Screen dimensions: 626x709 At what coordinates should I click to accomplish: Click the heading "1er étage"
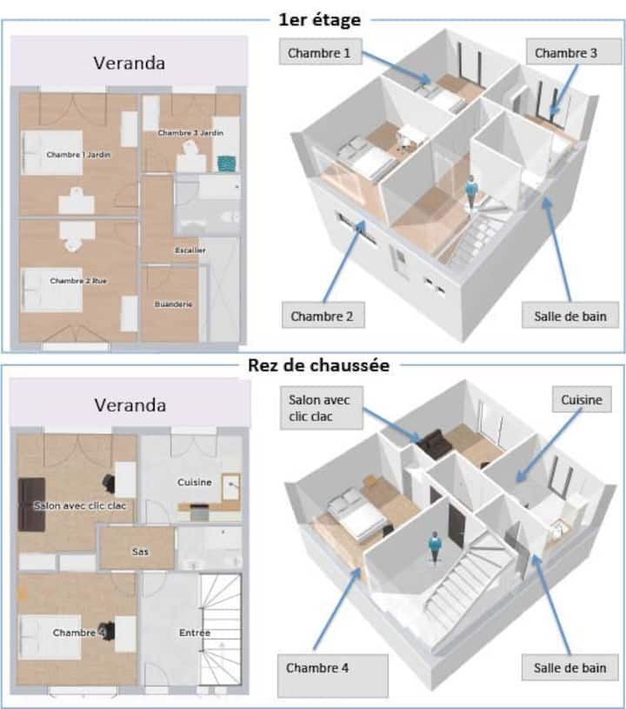point(319,19)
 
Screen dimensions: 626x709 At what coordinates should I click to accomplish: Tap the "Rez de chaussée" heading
point(318,365)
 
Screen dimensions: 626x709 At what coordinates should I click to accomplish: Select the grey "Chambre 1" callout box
point(321,52)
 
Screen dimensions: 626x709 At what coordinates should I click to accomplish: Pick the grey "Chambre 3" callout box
point(573,52)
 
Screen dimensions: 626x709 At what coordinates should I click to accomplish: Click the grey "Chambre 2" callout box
point(323,315)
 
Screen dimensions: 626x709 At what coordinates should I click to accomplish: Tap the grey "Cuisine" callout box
point(582,399)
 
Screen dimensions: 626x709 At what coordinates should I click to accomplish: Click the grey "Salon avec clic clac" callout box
point(322,408)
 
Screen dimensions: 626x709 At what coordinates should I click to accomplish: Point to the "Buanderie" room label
point(174,304)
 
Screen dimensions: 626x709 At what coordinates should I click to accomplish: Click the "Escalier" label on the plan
point(190,250)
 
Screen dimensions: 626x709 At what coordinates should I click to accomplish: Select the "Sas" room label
point(140,552)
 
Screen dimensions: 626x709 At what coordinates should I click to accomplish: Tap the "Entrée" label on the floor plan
point(195,632)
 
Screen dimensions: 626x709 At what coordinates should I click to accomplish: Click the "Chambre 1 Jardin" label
point(78,155)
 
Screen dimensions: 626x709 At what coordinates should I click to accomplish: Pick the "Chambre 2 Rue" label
point(78,281)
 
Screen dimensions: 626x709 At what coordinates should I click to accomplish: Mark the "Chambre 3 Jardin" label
point(190,132)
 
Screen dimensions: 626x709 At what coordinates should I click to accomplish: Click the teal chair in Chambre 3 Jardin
point(226,164)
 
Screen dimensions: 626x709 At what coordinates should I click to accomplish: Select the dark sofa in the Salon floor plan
point(31,505)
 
